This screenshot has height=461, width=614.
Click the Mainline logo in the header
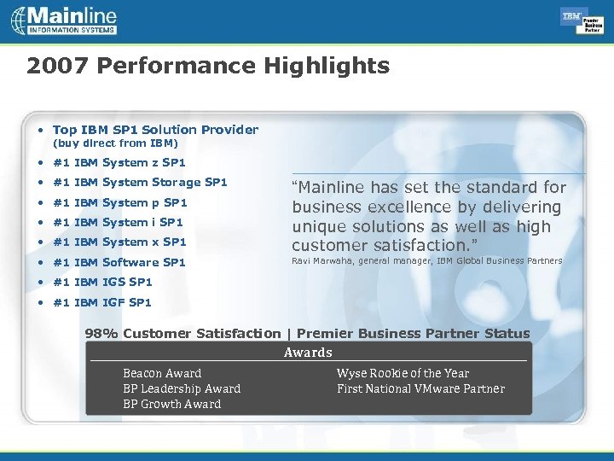pos(64,20)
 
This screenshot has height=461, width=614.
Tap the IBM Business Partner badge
pos(582,21)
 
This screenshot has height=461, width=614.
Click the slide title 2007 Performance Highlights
pos(207,66)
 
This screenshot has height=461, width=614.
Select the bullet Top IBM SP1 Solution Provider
pos(155,130)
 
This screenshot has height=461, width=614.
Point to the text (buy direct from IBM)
pos(115,143)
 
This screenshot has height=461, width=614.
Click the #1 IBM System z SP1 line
pos(119,162)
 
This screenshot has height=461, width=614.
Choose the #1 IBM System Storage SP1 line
pos(140,182)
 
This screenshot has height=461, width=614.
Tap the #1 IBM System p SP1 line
pos(119,202)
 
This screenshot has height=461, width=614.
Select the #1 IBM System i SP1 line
pos(118,222)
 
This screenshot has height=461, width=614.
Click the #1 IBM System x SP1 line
pos(119,242)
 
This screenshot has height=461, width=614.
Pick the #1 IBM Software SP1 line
pos(119,262)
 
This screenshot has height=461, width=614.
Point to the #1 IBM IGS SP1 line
pos(102,282)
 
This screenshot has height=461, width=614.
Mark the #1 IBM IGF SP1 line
pos(102,302)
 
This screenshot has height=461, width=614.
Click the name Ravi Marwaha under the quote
pos(323,261)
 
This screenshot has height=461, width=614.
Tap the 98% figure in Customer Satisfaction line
pos(101,334)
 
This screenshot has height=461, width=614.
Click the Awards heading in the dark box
pos(308,353)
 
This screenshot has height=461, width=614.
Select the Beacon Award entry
pos(162,373)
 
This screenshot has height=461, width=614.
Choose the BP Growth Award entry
pos(171,404)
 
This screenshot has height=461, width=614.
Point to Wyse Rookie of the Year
pos(403,373)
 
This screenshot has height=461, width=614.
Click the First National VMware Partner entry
pos(420,388)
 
